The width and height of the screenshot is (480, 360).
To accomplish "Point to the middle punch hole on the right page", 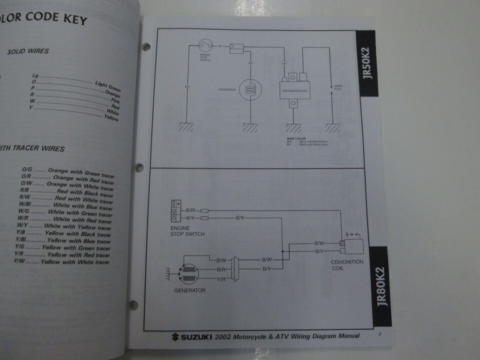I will coord(139,168).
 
